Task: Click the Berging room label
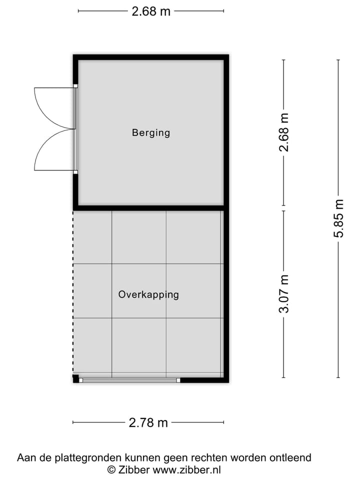point(151,133)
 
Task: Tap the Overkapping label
point(148,294)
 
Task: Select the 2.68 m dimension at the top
point(151,11)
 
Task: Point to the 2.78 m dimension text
point(148,423)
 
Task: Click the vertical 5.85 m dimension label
point(339,218)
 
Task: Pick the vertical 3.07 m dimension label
point(283,293)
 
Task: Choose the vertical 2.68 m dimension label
point(284,132)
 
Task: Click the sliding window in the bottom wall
point(130,380)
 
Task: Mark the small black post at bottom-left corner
point(75,379)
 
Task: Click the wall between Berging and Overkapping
point(150,207)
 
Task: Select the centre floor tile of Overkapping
point(139,290)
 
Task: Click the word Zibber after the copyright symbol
point(133,469)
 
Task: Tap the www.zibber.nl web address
point(186,469)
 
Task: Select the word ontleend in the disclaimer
point(290,457)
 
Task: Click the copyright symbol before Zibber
point(111,469)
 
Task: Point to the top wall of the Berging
point(150,57)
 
